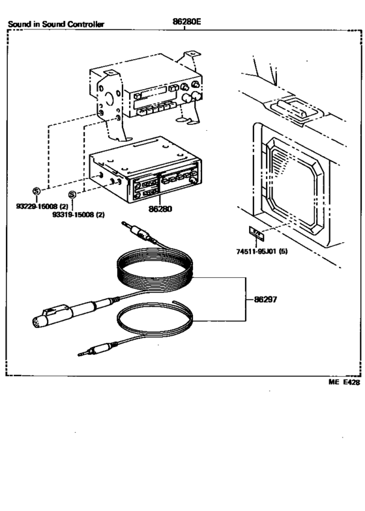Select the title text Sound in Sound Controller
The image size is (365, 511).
(x=55, y=25)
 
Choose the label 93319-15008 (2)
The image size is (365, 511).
(x=79, y=215)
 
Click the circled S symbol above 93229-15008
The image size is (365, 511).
(x=36, y=191)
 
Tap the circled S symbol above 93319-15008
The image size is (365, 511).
(x=73, y=195)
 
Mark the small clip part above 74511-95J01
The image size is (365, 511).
(x=257, y=232)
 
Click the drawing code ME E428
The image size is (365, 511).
(x=343, y=383)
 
